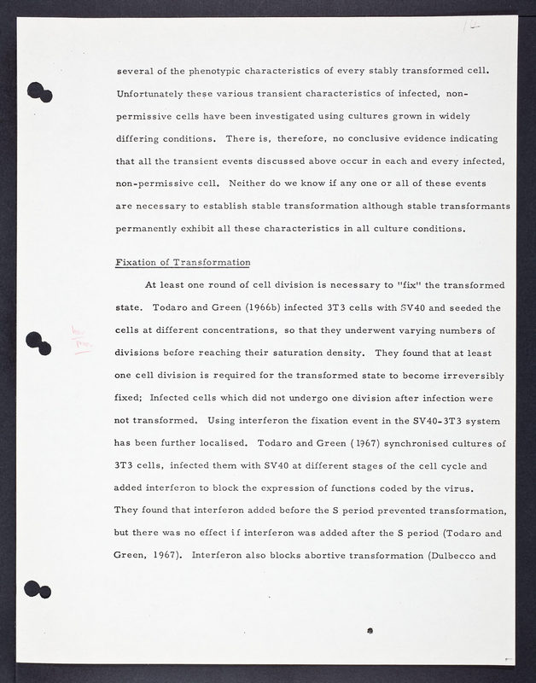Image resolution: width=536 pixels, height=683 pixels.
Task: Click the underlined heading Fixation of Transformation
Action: (182, 261)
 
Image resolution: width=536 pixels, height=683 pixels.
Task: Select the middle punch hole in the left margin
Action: (39, 341)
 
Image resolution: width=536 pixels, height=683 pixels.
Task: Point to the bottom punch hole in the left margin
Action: (39, 590)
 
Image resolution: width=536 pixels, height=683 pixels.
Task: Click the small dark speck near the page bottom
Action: (368, 630)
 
